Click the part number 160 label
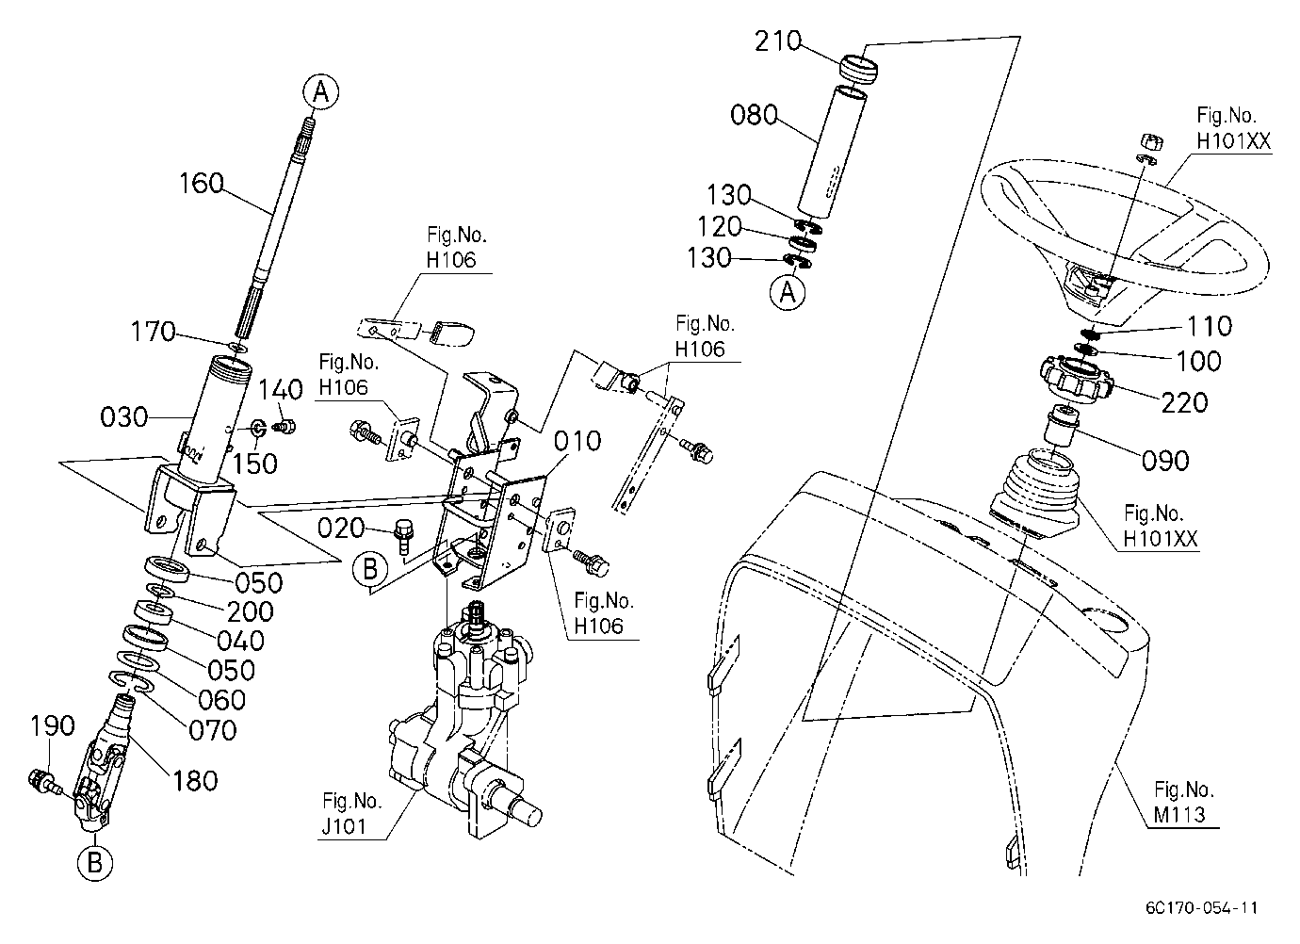(x=201, y=184)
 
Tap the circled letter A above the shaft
(x=321, y=92)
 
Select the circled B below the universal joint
(x=94, y=862)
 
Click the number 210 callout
(x=778, y=41)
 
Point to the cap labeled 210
(x=858, y=67)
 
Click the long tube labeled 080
(x=832, y=152)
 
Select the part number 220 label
(x=1184, y=401)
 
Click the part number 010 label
(x=577, y=441)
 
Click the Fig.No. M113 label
(x=1183, y=802)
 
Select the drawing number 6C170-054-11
(x=1201, y=908)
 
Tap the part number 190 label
(x=52, y=725)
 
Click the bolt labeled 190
(x=44, y=781)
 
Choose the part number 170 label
(x=153, y=332)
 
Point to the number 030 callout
(x=123, y=416)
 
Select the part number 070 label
(x=213, y=730)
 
